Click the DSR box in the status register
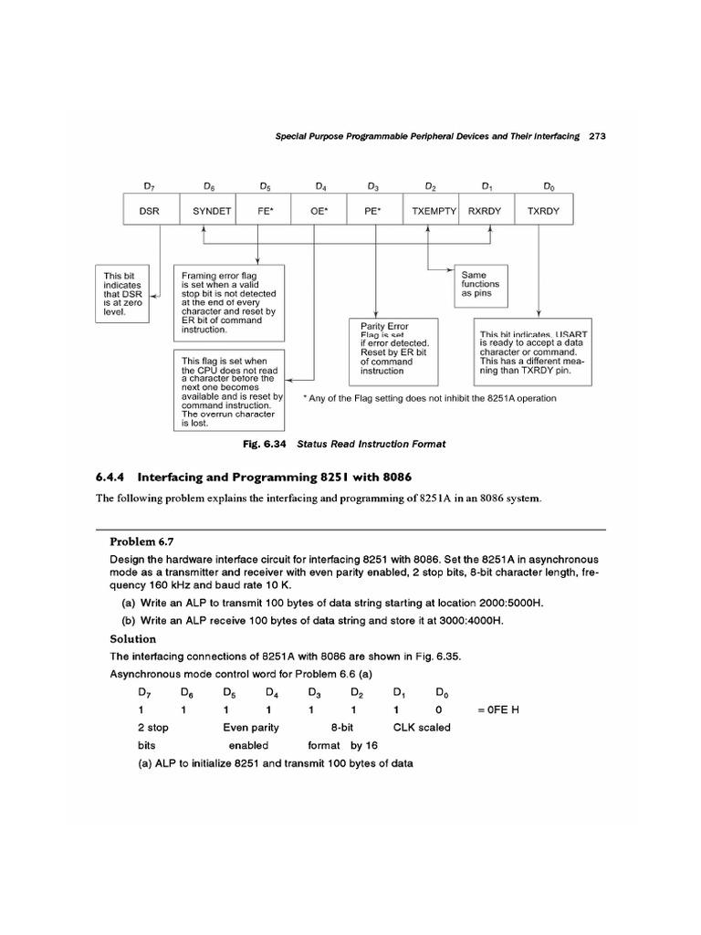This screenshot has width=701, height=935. (x=150, y=210)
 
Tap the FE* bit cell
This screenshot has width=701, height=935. (x=264, y=210)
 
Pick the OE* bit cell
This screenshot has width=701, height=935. (x=320, y=210)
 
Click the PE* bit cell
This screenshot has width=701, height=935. (x=372, y=210)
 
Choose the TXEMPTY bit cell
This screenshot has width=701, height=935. (x=433, y=210)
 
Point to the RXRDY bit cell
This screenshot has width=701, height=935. (x=487, y=210)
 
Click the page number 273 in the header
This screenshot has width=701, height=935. (x=599, y=136)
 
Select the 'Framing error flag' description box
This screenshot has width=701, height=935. (x=229, y=299)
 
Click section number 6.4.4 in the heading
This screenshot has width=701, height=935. (x=115, y=477)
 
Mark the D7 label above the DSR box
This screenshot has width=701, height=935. (x=150, y=186)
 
